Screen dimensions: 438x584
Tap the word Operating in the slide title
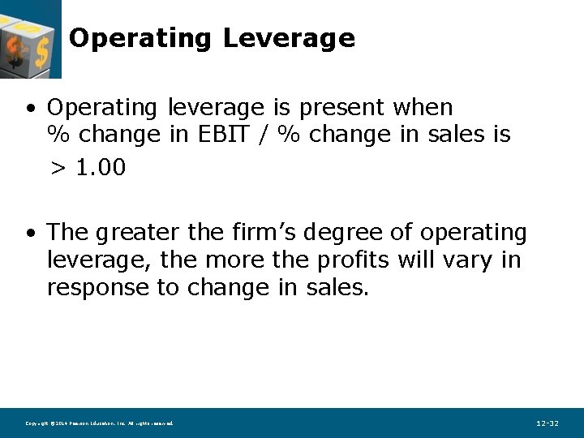click(x=140, y=38)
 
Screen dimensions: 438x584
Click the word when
click(x=423, y=107)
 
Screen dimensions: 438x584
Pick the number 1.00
click(x=101, y=168)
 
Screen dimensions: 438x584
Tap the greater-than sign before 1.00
click(x=58, y=169)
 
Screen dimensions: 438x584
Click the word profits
click(x=353, y=260)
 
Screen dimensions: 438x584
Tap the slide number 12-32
click(x=547, y=423)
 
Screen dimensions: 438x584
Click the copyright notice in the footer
click(x=99, y=423)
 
